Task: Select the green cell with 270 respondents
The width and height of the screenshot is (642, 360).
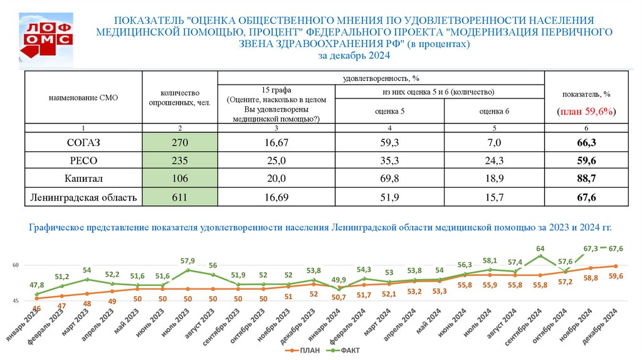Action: pyautogui.click(x=180, y=143)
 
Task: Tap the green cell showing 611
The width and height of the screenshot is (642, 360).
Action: pyautogui.click(x=180, y=198)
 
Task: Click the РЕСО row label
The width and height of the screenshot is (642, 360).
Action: pyautogui.click(x=84, y=161)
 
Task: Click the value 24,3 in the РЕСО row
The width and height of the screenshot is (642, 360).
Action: pyautogui.click(x=495, y=161)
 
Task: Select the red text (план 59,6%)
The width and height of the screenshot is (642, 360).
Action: pyautogui.click(x=586, y=111)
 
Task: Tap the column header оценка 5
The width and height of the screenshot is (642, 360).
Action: pyautogui.click(x=390, y=111)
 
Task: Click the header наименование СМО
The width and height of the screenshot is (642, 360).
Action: pyautogui.click(x=83, y=97)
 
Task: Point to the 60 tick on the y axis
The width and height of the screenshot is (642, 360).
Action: pyautogui.click(x=18, y=265)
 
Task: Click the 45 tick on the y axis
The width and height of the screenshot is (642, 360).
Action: pyautogui.click(x=18, y=302)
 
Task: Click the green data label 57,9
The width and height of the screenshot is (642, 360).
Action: pyautogui.click(x=188, y=260)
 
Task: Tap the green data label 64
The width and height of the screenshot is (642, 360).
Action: pyautogui.click(x=540, y=248)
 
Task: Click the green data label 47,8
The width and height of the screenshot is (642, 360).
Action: pyautogui.click(x=38, y=284)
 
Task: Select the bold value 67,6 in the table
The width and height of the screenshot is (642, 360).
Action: pyautogui.click(x=586, y=198)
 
